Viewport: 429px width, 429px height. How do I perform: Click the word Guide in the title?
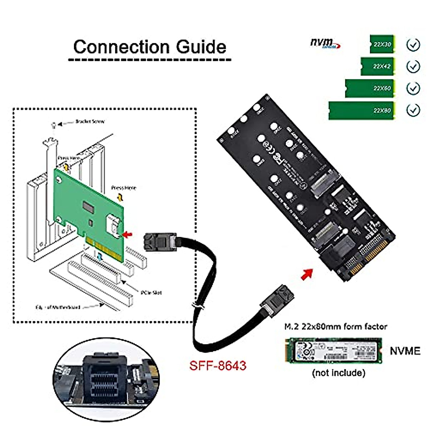(x=201, y=47)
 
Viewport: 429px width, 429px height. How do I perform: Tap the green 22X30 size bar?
(x=381, y=44)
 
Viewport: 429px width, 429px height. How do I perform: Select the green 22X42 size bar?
(x=377, y=66)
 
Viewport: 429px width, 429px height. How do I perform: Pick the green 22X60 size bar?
(x=370, y=88)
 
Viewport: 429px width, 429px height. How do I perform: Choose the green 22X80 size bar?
(x=361, y=110)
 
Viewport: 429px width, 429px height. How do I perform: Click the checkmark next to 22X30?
(x=413, y=45)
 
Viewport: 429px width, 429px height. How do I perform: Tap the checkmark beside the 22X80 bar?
(x=413, y=110)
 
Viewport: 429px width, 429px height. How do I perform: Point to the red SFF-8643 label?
(x=218, y=365)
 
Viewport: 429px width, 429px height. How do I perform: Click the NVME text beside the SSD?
(x=405, y=351)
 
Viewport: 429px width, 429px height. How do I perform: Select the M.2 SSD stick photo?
(x=333, y=351)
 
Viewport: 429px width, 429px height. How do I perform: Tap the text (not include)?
(x=339, y=373)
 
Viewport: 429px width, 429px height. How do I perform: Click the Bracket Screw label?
(x=90, y=122)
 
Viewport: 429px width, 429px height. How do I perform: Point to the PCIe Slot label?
(x=151, y=292)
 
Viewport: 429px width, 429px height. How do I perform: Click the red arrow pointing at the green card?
(x=127, y=235)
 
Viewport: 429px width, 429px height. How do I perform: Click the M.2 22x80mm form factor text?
(x=335, y=326)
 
